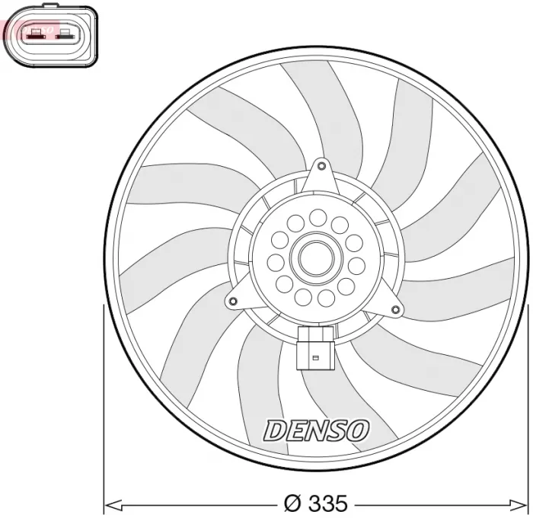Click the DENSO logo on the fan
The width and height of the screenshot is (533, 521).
(x=316, y=430)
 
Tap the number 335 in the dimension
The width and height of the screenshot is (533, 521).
(x=326, y=503)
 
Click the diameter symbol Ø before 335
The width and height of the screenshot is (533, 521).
(x=292, y=503)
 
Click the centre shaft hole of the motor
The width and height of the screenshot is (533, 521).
(x=313, y=259)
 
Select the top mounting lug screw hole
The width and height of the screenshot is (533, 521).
(x=321, y=165)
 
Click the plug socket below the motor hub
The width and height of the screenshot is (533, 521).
(x=314, y=347)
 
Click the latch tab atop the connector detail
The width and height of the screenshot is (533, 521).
(x=50, y=7)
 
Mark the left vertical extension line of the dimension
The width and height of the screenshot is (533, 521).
(x=104, y=404)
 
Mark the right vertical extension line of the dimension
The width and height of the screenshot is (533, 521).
(x=528, y=404)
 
